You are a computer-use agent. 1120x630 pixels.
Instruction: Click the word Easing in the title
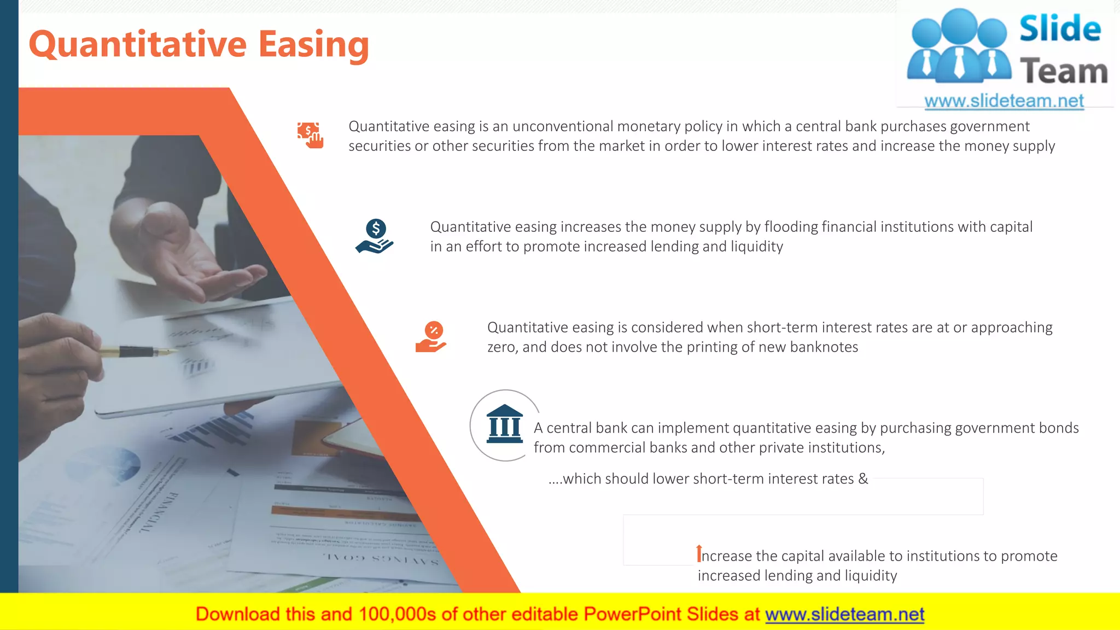313,45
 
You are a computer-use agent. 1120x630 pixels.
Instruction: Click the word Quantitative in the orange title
138,45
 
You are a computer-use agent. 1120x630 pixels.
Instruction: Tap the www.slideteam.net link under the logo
1004,101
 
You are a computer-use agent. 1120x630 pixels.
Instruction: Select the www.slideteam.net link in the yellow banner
844,614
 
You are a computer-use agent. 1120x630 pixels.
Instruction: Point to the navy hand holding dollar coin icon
375,236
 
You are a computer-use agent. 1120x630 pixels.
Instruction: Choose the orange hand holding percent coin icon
431,337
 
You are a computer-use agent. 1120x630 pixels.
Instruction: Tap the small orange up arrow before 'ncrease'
698,553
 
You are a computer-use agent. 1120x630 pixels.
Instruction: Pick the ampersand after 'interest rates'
863,479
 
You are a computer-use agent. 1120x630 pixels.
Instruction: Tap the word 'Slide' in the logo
1060,28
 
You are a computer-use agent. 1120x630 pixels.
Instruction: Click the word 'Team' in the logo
1064,72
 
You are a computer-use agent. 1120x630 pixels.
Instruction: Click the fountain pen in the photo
139,352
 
